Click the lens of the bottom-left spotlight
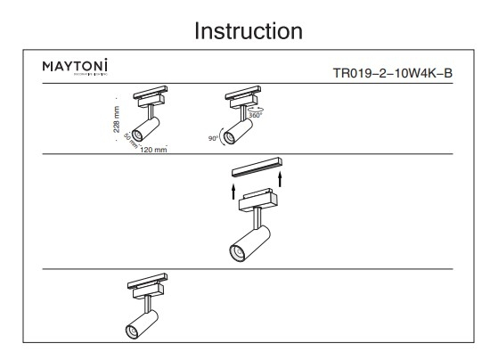click(132, 331)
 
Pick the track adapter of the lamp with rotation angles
click(241, 98)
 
